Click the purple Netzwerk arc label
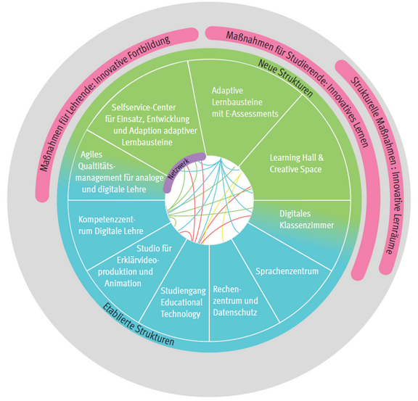click(179, 169)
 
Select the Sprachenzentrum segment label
click(287, 271)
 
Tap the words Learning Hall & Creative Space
click(297, 163)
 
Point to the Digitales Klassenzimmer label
click(306, 220)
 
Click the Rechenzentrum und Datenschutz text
click(235, 301)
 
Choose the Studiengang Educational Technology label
click(183, 302)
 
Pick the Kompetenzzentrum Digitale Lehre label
click(110, 226)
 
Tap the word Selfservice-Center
click(144, 107)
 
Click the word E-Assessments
click(252, 114)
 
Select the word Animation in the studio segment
click(123, 284)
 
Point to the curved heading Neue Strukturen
click(285, 78)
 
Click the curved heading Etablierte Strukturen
click(139, 324)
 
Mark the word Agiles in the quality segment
click(91, 154)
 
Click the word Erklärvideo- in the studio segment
click(138, 260)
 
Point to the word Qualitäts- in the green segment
click(97, 167)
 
